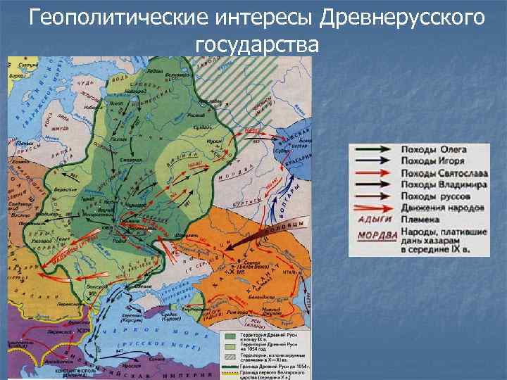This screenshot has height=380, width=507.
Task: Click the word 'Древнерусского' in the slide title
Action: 401,16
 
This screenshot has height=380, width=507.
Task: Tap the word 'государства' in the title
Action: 257,44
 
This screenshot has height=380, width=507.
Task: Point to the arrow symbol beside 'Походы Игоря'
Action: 374,161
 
